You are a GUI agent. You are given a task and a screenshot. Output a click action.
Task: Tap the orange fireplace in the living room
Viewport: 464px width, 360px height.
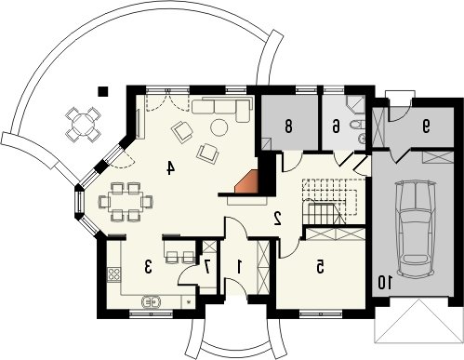[247, 182]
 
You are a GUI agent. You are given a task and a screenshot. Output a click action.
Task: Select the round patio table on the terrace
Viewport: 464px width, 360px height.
[83, 125]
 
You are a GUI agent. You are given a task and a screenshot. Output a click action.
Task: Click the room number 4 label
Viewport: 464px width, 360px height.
[170, 167]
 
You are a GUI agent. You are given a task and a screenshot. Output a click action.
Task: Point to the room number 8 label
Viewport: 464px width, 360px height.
[288, 127]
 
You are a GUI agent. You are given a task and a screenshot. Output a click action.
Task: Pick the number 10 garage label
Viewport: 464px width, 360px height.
[385, 282]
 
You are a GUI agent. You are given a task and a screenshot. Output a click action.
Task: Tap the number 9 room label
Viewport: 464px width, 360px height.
[427, 126]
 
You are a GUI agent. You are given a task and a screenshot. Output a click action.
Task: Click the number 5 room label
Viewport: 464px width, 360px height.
[320, 267]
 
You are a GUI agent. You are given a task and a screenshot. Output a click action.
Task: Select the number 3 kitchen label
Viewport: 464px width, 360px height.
[149, 267]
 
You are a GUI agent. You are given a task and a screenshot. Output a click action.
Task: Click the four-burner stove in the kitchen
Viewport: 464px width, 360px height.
[114, 274]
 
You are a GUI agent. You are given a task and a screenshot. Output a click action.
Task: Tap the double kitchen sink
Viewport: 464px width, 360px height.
[151, 301]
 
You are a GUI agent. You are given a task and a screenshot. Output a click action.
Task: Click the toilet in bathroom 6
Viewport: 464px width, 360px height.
[357, 125]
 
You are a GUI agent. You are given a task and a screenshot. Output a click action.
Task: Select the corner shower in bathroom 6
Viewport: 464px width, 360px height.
[355, 104]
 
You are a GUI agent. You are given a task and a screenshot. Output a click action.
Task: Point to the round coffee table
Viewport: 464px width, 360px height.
[219, 127]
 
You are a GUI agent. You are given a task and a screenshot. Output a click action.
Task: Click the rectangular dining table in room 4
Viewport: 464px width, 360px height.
[126, 202]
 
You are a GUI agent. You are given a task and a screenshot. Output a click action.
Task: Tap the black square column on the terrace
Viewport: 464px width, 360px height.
[102, 91]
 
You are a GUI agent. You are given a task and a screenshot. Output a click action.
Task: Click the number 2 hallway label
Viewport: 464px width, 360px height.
[277, 219]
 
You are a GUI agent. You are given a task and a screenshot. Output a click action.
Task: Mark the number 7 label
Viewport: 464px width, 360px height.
[207, 267]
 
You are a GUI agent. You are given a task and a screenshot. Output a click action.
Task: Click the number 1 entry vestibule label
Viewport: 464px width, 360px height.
[239, 267]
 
